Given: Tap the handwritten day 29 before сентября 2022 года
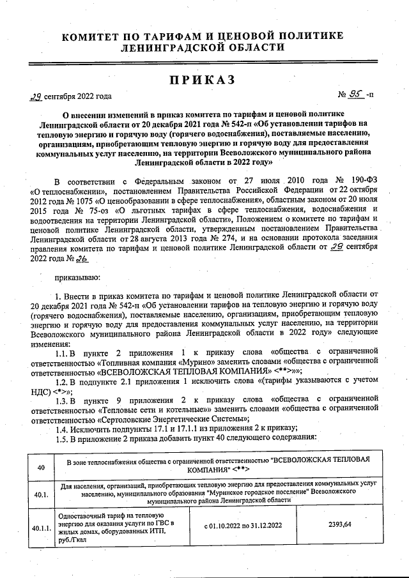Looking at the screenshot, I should pos(36,97).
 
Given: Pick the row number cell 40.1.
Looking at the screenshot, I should pos(41,493).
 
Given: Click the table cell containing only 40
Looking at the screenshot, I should pos(41,468).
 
